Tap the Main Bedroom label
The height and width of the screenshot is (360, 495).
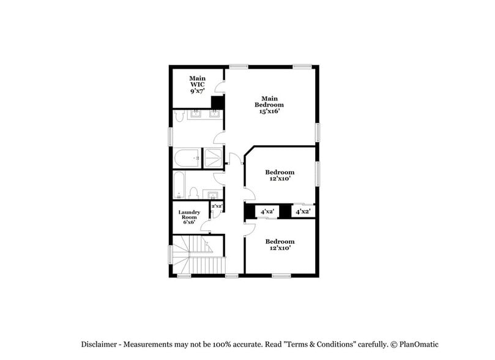269,102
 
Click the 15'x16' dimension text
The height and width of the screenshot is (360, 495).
269,111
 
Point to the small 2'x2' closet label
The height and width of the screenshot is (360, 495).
217,206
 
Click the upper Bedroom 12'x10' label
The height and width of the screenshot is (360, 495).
280,176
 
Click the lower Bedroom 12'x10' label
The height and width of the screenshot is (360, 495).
280,244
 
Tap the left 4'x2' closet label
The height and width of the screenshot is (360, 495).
267,211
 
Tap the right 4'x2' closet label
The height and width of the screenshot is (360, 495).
303,211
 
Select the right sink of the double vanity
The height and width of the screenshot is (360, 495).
215,114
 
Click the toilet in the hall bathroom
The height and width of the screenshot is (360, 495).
193,193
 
